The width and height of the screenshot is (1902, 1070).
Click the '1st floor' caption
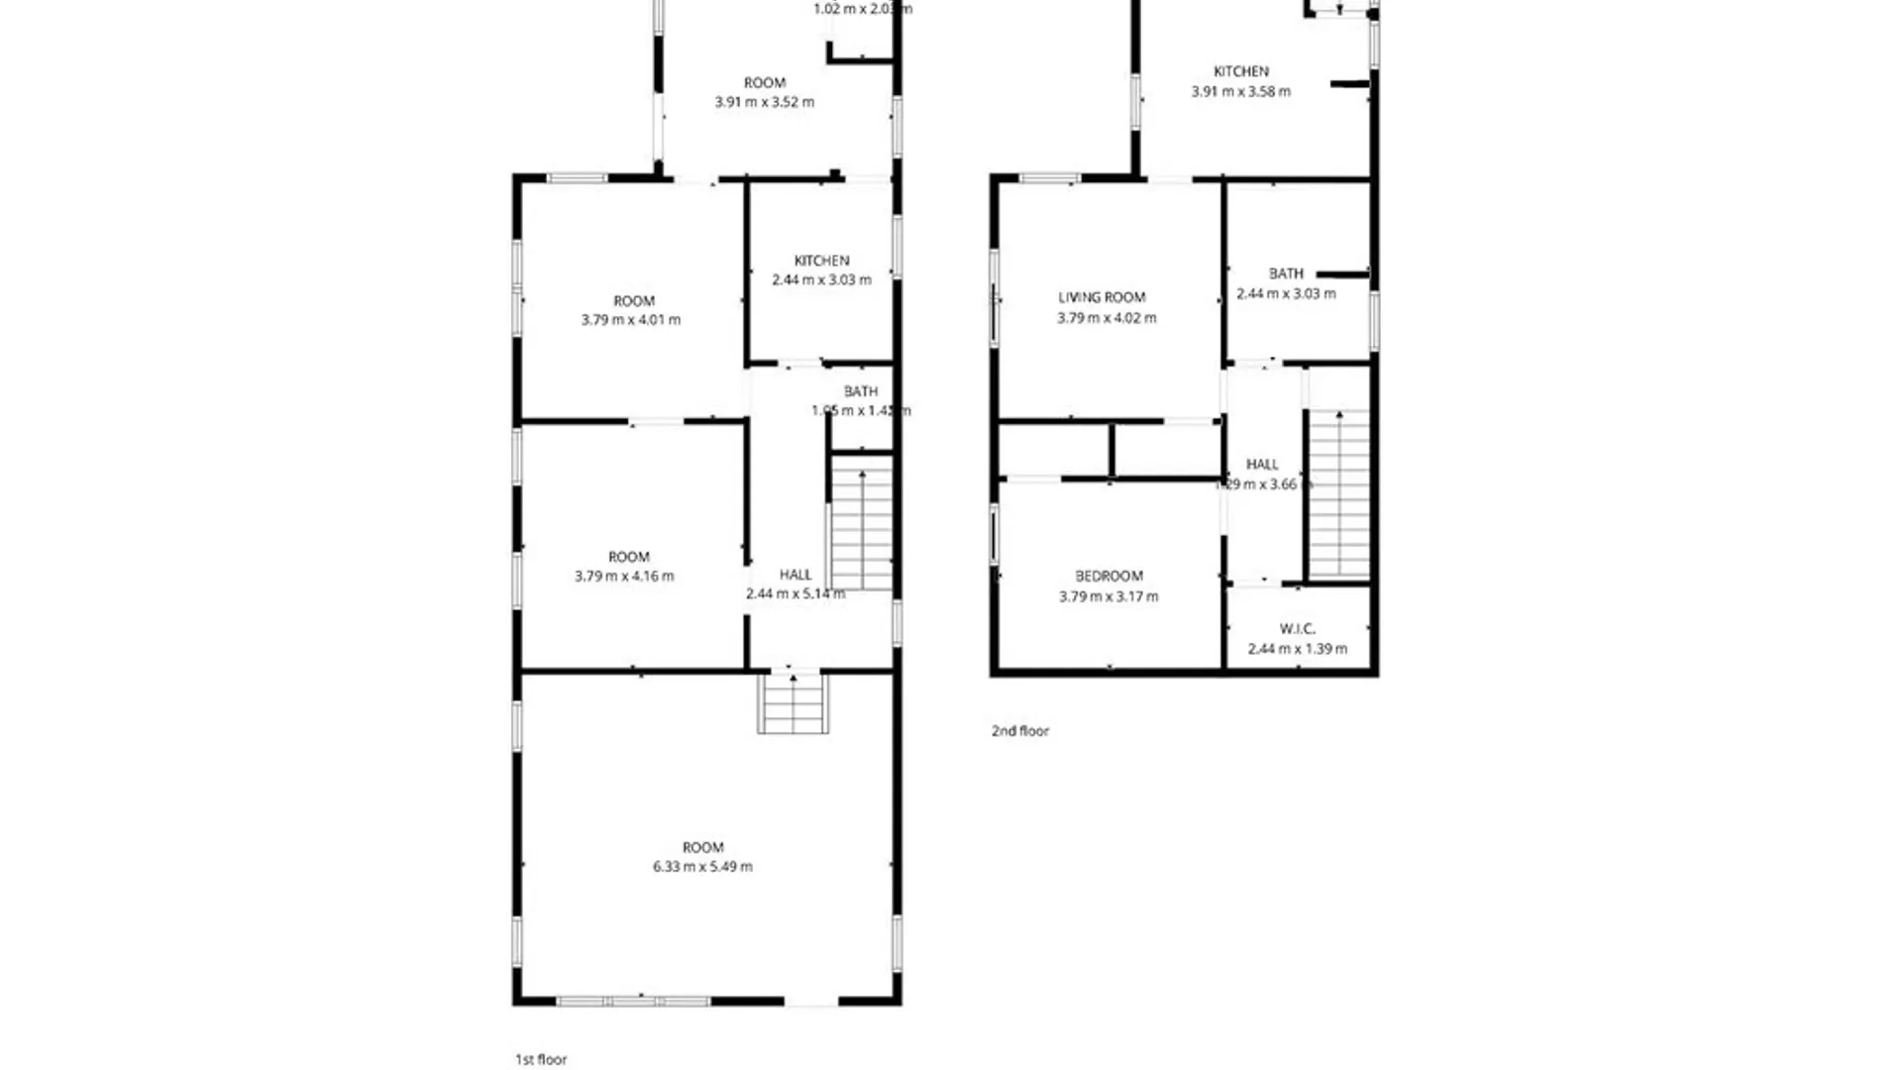(541, 1059)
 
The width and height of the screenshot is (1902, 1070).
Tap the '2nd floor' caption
(1020, 730)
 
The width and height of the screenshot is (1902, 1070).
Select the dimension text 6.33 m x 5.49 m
(702, 866)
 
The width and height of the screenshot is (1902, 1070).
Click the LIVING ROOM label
(1102, 297)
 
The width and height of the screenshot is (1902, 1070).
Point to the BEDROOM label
(1109, 576)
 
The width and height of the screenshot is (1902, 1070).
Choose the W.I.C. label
(1297, 628)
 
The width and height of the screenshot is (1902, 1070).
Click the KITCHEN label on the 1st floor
(821, 261)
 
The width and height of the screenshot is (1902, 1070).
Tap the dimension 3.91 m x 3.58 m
(1240, 91)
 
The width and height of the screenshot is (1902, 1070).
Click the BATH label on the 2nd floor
(1286, 273)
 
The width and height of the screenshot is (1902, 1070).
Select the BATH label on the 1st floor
(861, 391)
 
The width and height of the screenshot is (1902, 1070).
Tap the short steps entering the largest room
(792, 703)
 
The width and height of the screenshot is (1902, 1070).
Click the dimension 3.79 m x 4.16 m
(624, 576)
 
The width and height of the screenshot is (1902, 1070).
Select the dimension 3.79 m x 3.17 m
(1109, 596)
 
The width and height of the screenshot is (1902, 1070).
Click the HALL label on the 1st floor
(794, 575)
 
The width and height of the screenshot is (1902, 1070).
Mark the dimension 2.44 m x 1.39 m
(1297, 649)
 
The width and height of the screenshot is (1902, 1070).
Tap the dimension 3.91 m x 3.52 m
(764, 102)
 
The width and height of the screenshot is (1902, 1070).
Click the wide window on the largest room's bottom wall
(633, 1002)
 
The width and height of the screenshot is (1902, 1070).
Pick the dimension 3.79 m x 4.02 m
(1107, 318)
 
